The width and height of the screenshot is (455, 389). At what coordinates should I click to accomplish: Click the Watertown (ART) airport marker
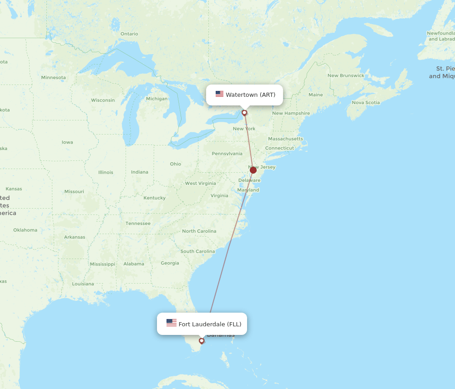point(244,113)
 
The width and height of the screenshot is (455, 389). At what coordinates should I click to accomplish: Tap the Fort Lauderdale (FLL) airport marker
point(202,341)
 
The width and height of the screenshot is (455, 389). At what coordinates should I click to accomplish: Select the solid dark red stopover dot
point(253,170)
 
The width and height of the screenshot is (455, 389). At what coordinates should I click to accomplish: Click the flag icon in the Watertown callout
point(219,95)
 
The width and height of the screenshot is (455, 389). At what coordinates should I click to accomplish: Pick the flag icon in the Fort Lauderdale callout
point(171,323)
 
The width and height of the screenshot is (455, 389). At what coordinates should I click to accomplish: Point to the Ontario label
point(129,34)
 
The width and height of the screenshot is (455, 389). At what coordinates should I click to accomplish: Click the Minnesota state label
point(53,77)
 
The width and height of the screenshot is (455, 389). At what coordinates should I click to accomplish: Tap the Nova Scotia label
point(366,102)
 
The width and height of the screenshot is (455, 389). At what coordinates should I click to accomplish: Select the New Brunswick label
point(346,75)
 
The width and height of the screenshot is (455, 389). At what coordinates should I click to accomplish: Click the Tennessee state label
point(138,223)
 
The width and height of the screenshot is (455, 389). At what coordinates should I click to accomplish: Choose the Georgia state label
point(170,263)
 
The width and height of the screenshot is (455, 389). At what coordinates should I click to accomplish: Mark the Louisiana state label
point(83,284)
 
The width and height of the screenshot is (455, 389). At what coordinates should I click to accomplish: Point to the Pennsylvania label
point(227,154)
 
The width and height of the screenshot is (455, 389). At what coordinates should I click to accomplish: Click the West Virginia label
point(200,183)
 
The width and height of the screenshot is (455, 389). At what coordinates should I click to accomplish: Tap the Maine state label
point(315,95)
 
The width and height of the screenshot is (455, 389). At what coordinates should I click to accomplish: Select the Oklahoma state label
point(25,230)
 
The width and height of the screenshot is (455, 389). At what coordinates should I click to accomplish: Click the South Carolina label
point(197,251)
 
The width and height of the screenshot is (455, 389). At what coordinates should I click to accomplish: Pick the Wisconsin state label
point(103,100)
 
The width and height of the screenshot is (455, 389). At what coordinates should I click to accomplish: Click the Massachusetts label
point(285,139)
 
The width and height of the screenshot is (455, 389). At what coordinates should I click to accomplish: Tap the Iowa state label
point(67,142)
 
